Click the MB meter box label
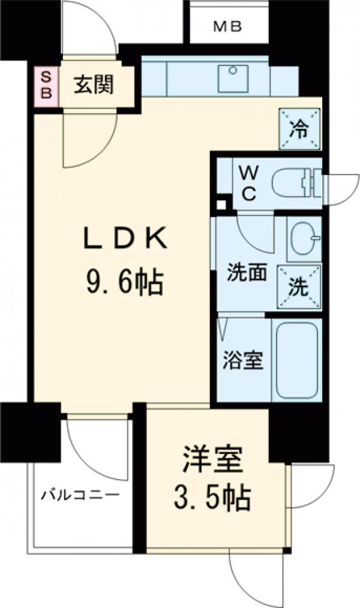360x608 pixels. [x=226, y=27]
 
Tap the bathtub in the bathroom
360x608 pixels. [x=296, y=360]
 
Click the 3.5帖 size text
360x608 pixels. [x=212, y=497]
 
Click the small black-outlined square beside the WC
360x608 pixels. [x=222, y=204]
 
